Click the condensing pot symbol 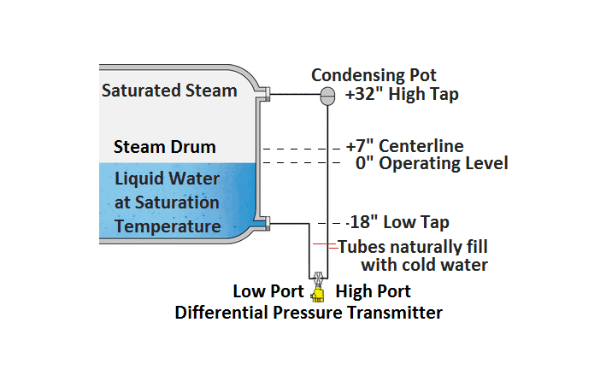coord(327,96)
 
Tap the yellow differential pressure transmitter coord(318,293)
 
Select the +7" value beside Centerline coord(360,146)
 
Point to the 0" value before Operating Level coord(364,162)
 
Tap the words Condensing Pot coord(374,75)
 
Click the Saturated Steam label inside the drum coord(169,91)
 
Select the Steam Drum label coord(165,147)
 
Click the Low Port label coord(268,291)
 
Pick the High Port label coord(374,291)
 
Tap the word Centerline coord(421,146)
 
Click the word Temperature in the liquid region coord(168,226)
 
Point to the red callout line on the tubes coord(326,245)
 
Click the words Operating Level coord(444,163)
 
